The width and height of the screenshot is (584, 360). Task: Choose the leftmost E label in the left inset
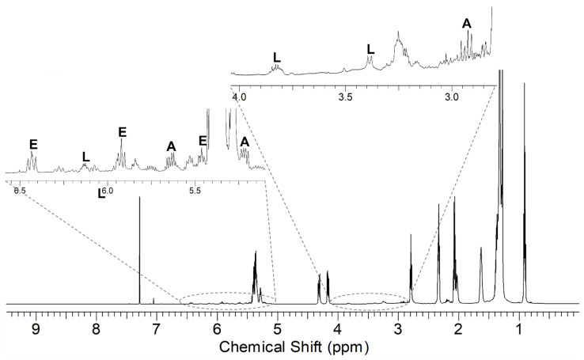(x=33, y=144)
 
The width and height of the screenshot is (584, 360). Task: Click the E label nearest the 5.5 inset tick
(x=203, y=140)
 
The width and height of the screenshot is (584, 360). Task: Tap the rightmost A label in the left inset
(x=245, y=142)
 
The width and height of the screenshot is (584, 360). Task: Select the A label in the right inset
(x=467, y=24)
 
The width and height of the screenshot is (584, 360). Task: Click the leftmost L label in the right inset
(x=276, y=57)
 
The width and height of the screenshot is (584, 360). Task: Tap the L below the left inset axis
(x=101, y=192)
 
